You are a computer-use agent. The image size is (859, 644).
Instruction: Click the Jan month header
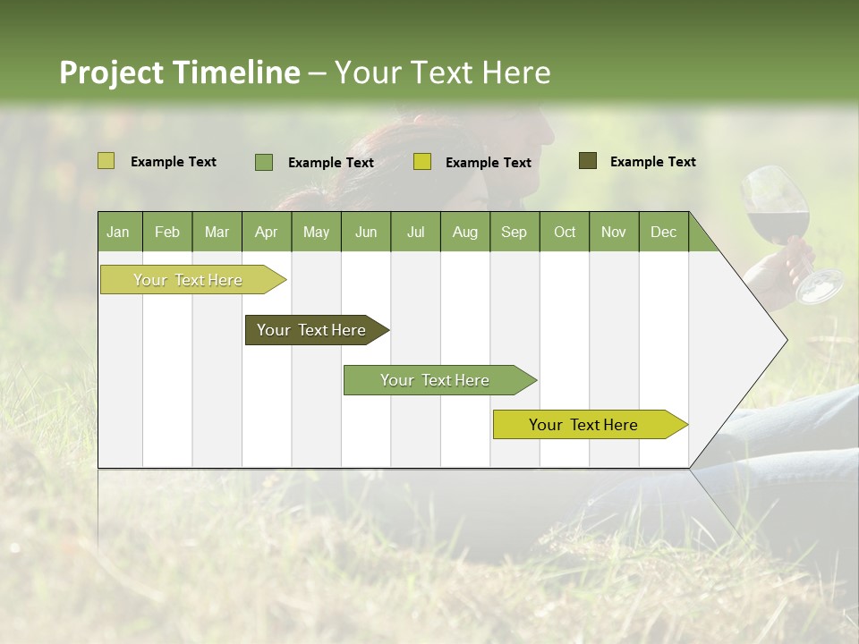pos(118,232)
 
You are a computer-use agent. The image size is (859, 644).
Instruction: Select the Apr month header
pos(266,232)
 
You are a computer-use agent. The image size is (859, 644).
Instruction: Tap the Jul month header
pos(415,232)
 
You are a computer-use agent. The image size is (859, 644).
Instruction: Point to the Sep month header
pos(514,232)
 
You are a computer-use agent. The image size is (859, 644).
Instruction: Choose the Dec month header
pos(663,232)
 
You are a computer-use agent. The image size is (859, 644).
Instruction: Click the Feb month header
pos(167,232)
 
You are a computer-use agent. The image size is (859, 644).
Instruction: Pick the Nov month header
pos(613,232)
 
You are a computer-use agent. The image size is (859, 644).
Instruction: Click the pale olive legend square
pos(106,161)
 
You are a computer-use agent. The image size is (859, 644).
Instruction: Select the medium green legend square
pos(264,162)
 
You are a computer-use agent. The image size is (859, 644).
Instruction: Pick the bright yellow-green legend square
pos(422,162)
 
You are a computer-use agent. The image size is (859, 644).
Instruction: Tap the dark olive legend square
pos(588,161)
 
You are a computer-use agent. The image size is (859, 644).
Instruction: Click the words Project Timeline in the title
pos(179,72)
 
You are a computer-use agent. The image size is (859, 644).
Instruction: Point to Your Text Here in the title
pos(443,72)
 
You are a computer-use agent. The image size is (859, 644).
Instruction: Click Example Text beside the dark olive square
pos(652,161)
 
